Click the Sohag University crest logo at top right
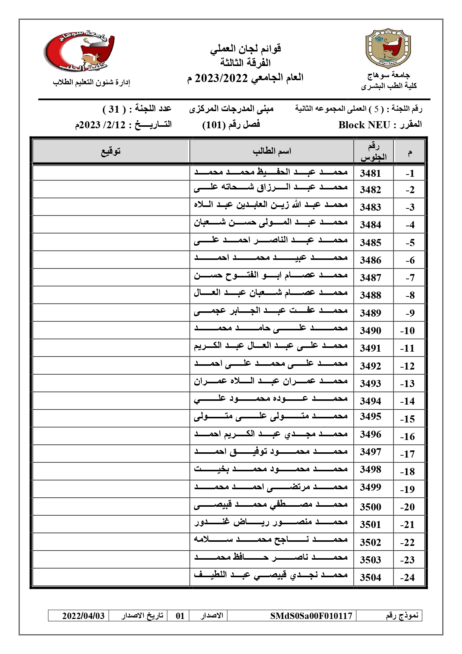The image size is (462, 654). [388, 48]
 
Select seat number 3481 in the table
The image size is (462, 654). [370, 173]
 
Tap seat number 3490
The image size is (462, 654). [370, 331]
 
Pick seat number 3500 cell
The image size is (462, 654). [370, 507]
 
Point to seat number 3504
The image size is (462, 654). [370, 578]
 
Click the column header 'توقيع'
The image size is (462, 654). [111, 151]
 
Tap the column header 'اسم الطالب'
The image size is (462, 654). [272, 151]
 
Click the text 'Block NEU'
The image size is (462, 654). [364, 125]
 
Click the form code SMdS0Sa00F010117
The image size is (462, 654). [311, 616]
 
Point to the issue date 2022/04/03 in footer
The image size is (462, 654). [83, 616]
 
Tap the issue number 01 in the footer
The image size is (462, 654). [180, 616]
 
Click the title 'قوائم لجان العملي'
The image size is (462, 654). [246, 49]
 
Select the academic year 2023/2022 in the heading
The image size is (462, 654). [222, 78]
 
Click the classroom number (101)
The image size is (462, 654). [214, 125]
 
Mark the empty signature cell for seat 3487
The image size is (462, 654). [111, 277]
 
